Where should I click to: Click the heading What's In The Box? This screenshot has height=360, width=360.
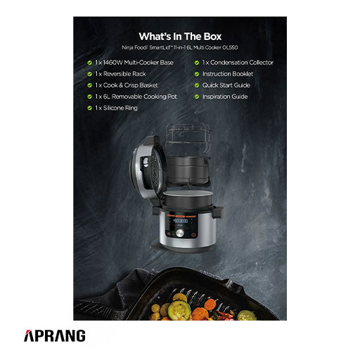(x=180, y=37)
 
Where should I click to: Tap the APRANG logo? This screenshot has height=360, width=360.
(x=55, y=335)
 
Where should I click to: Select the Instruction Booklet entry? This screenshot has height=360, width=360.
(x=228, y=74)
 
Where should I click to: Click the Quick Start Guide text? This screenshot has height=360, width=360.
(x=226, y=85)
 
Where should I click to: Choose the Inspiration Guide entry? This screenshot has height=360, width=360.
(x=225, y=96)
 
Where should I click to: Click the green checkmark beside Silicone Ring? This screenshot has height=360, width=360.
(x=89, y=108)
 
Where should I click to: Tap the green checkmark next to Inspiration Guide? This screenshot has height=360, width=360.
(x=197, y=96)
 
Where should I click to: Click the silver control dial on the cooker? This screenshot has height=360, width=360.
(x=180, y=233)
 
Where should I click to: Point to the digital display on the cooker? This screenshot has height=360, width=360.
(x=180, y=221)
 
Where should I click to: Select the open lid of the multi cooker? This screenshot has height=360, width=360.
(x=147, y=169)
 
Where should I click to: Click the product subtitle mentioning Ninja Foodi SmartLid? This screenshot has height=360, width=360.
(x=180, y=48)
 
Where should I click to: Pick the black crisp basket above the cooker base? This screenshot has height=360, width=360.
(x=188, y=171)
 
